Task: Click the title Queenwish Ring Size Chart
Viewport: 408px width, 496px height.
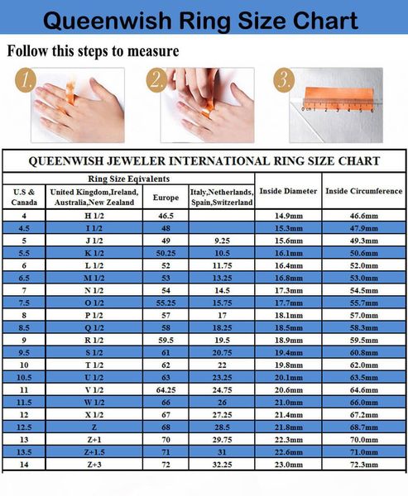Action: click(204, 20)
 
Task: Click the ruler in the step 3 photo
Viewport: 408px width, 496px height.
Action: click(338, 105)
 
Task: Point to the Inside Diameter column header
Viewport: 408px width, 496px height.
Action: click(288, 191)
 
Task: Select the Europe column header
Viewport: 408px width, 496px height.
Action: click(160, 197)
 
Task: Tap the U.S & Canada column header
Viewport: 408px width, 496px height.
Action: click(23, 197)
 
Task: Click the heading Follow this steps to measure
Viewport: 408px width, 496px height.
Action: click(93, 51)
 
